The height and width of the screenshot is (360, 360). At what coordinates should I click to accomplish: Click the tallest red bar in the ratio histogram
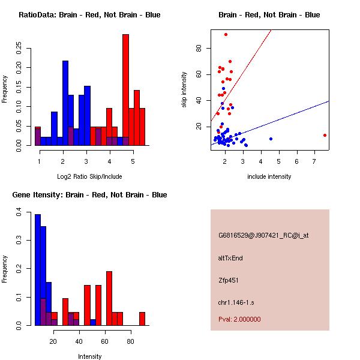[125, 90]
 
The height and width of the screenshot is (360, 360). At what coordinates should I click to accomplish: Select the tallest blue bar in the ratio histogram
[65, 102]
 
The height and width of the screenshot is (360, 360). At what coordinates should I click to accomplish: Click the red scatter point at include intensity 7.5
[325, 135]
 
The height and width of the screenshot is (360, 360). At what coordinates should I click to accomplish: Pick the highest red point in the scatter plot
[226, 34]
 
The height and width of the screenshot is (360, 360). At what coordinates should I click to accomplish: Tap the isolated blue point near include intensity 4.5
[271, 139]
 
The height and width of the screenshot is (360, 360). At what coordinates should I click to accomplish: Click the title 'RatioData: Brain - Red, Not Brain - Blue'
[89, 15]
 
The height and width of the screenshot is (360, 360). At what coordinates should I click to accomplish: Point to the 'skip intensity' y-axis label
[184, 89]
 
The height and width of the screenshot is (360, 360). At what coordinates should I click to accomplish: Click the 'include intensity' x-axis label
[269, 176]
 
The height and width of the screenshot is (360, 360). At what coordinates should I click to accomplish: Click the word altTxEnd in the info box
[230, 258]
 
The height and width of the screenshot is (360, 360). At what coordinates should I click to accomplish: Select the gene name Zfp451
[229, 280]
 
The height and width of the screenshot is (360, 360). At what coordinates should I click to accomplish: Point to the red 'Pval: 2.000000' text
[239, 319]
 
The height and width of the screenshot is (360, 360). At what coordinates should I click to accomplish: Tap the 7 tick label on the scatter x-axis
[314, 162]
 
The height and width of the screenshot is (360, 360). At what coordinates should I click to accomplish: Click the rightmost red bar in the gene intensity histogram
[142, 319]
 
